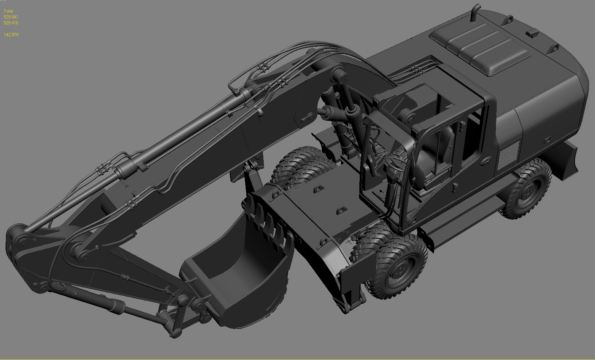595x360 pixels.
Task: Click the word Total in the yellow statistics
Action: coord(8,11)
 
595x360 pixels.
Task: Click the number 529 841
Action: coord(11,17)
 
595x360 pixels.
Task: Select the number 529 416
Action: coord(11,23)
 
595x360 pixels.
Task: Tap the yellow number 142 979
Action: coord(11,35)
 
